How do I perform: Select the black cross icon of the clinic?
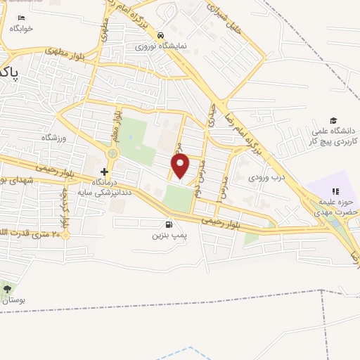[x=104, y=172]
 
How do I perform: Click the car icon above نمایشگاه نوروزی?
[x=161, y=34]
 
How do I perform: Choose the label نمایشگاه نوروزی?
[x=161, y=46]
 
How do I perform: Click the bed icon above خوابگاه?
[x=21, y=18]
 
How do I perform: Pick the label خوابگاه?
[x=21, y=29]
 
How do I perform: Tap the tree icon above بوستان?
[x=8, y=289]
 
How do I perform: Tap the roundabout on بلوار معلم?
[x=112, y=153]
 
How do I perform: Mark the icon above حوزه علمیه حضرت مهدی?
[x=335, y=191]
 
